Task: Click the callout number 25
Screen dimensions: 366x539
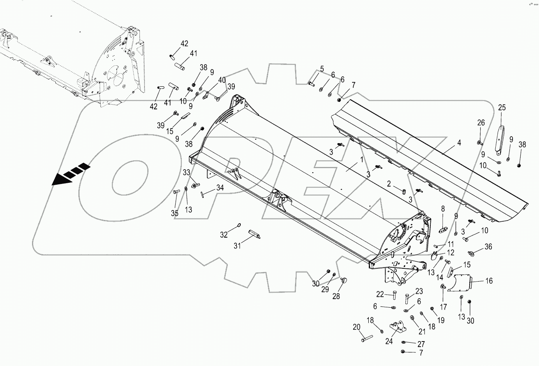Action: pyautogui.click(x=502, y=108)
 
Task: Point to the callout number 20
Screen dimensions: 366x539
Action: pyautogui.click(x=357, y=327)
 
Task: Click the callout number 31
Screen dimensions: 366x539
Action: pyautogui.click(x=237, y=245)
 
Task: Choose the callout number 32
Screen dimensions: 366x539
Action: pyautogui.click(x=223, y=235)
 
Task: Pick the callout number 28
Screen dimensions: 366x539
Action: pyautogui.click(x=336, y=296)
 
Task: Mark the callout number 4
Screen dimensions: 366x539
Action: pyautogui.click(x=459, y=143)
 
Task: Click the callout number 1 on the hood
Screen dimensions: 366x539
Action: pyautogui.click(x=361, y=159)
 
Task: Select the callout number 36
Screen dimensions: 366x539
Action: pyautogui.click(x=488, y=247)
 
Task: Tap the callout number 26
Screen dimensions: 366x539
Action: pyautogui.click(x=481, y=123)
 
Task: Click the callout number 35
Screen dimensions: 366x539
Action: pyautogui.click(x=174, y=213)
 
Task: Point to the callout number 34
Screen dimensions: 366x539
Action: pyautogui.click(x=220, y=188)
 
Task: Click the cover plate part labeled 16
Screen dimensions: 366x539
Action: pyautogui.click(x=460, y=282)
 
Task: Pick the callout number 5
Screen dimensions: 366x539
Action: pyautogui.click(x=322, y=69)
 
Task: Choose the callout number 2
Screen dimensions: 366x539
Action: pyautogui.click(x=389, y=183)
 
